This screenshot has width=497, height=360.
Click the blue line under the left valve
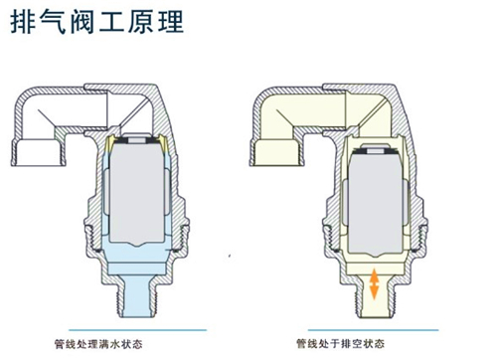coord(137,329)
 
